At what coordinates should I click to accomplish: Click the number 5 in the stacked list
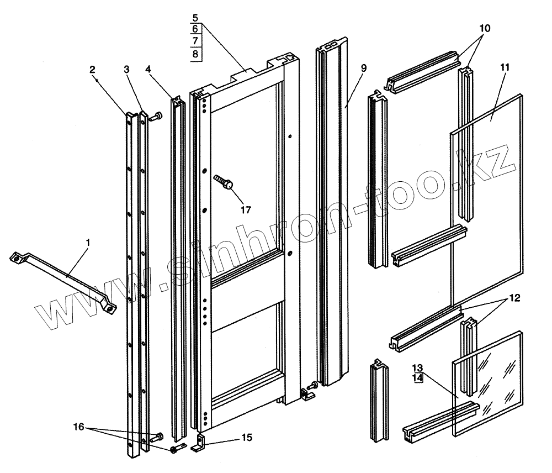tap(197, 18)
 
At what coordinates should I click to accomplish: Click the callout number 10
tap(484, 28)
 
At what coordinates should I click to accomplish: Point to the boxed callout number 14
tap(417, 378)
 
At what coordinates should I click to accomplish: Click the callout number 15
tap(246, 438)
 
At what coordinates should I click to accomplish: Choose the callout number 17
tap(246, 210)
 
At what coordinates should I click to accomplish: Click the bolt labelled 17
tap(224, 182)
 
